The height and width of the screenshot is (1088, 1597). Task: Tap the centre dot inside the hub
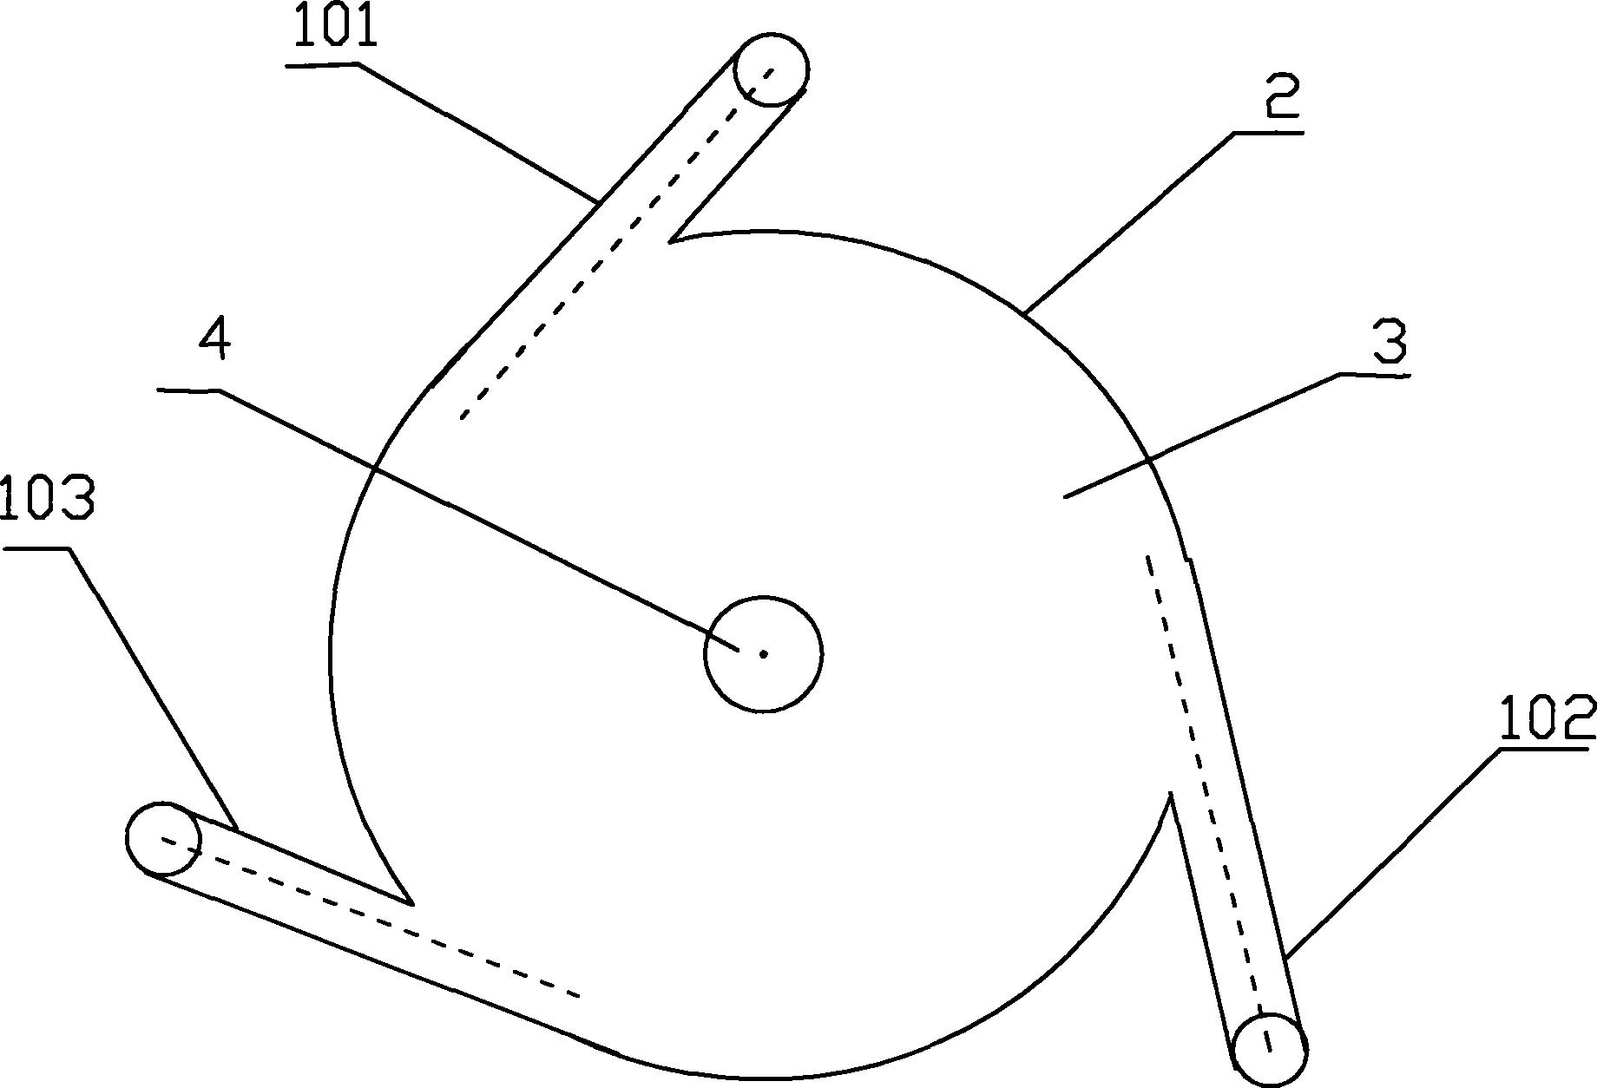coord(763,653)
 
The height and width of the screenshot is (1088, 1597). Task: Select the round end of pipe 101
coord(771,69)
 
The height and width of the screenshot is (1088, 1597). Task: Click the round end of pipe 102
coord(1269,1050)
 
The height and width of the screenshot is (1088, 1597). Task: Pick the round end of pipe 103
coord(163,839)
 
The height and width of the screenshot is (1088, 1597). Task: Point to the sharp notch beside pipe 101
coord(672,240)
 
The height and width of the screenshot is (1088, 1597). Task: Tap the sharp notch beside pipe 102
coord(1171,794)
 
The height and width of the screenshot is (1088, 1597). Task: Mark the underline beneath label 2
coord(1268,133)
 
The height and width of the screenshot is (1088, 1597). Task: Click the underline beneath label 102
coord(1548,748)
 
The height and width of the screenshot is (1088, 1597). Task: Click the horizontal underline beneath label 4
coord(189,390)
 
